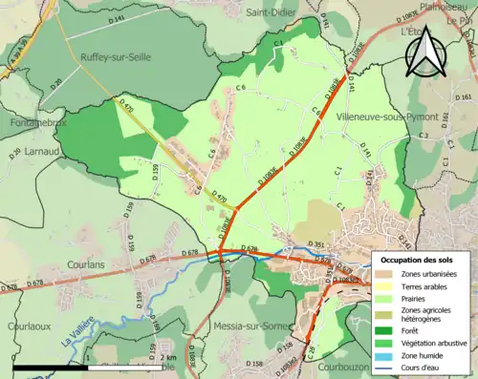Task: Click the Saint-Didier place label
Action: pyautogui.click(x=270, y=12)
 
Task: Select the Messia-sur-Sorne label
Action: pyautogui.click(x=241, y=326)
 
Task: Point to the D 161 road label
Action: pyautogui.click(x=465, y=97)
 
